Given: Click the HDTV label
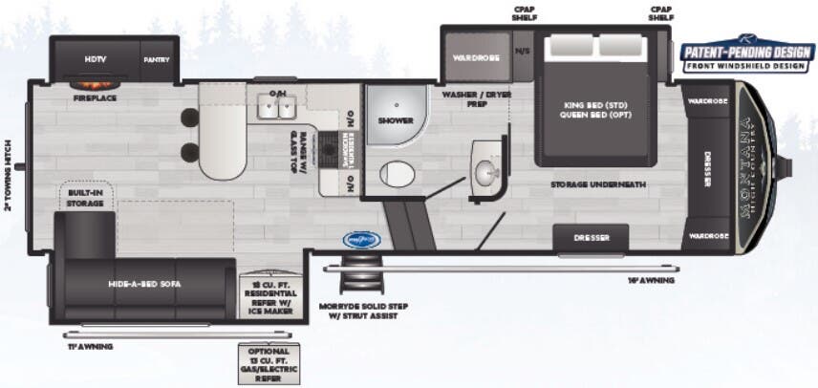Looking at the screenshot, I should click(x=95, y=59).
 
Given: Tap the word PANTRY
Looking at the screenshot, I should click(x=157, y=59).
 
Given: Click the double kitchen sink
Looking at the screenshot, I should click(x=277, y=108).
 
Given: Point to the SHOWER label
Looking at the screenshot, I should click(x=395, y=121).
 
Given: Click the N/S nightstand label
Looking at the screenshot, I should click(x=522, y=51).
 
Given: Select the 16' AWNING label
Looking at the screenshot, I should click(x=652, y=281).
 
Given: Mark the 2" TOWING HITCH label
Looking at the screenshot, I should click(x=8, y=172).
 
